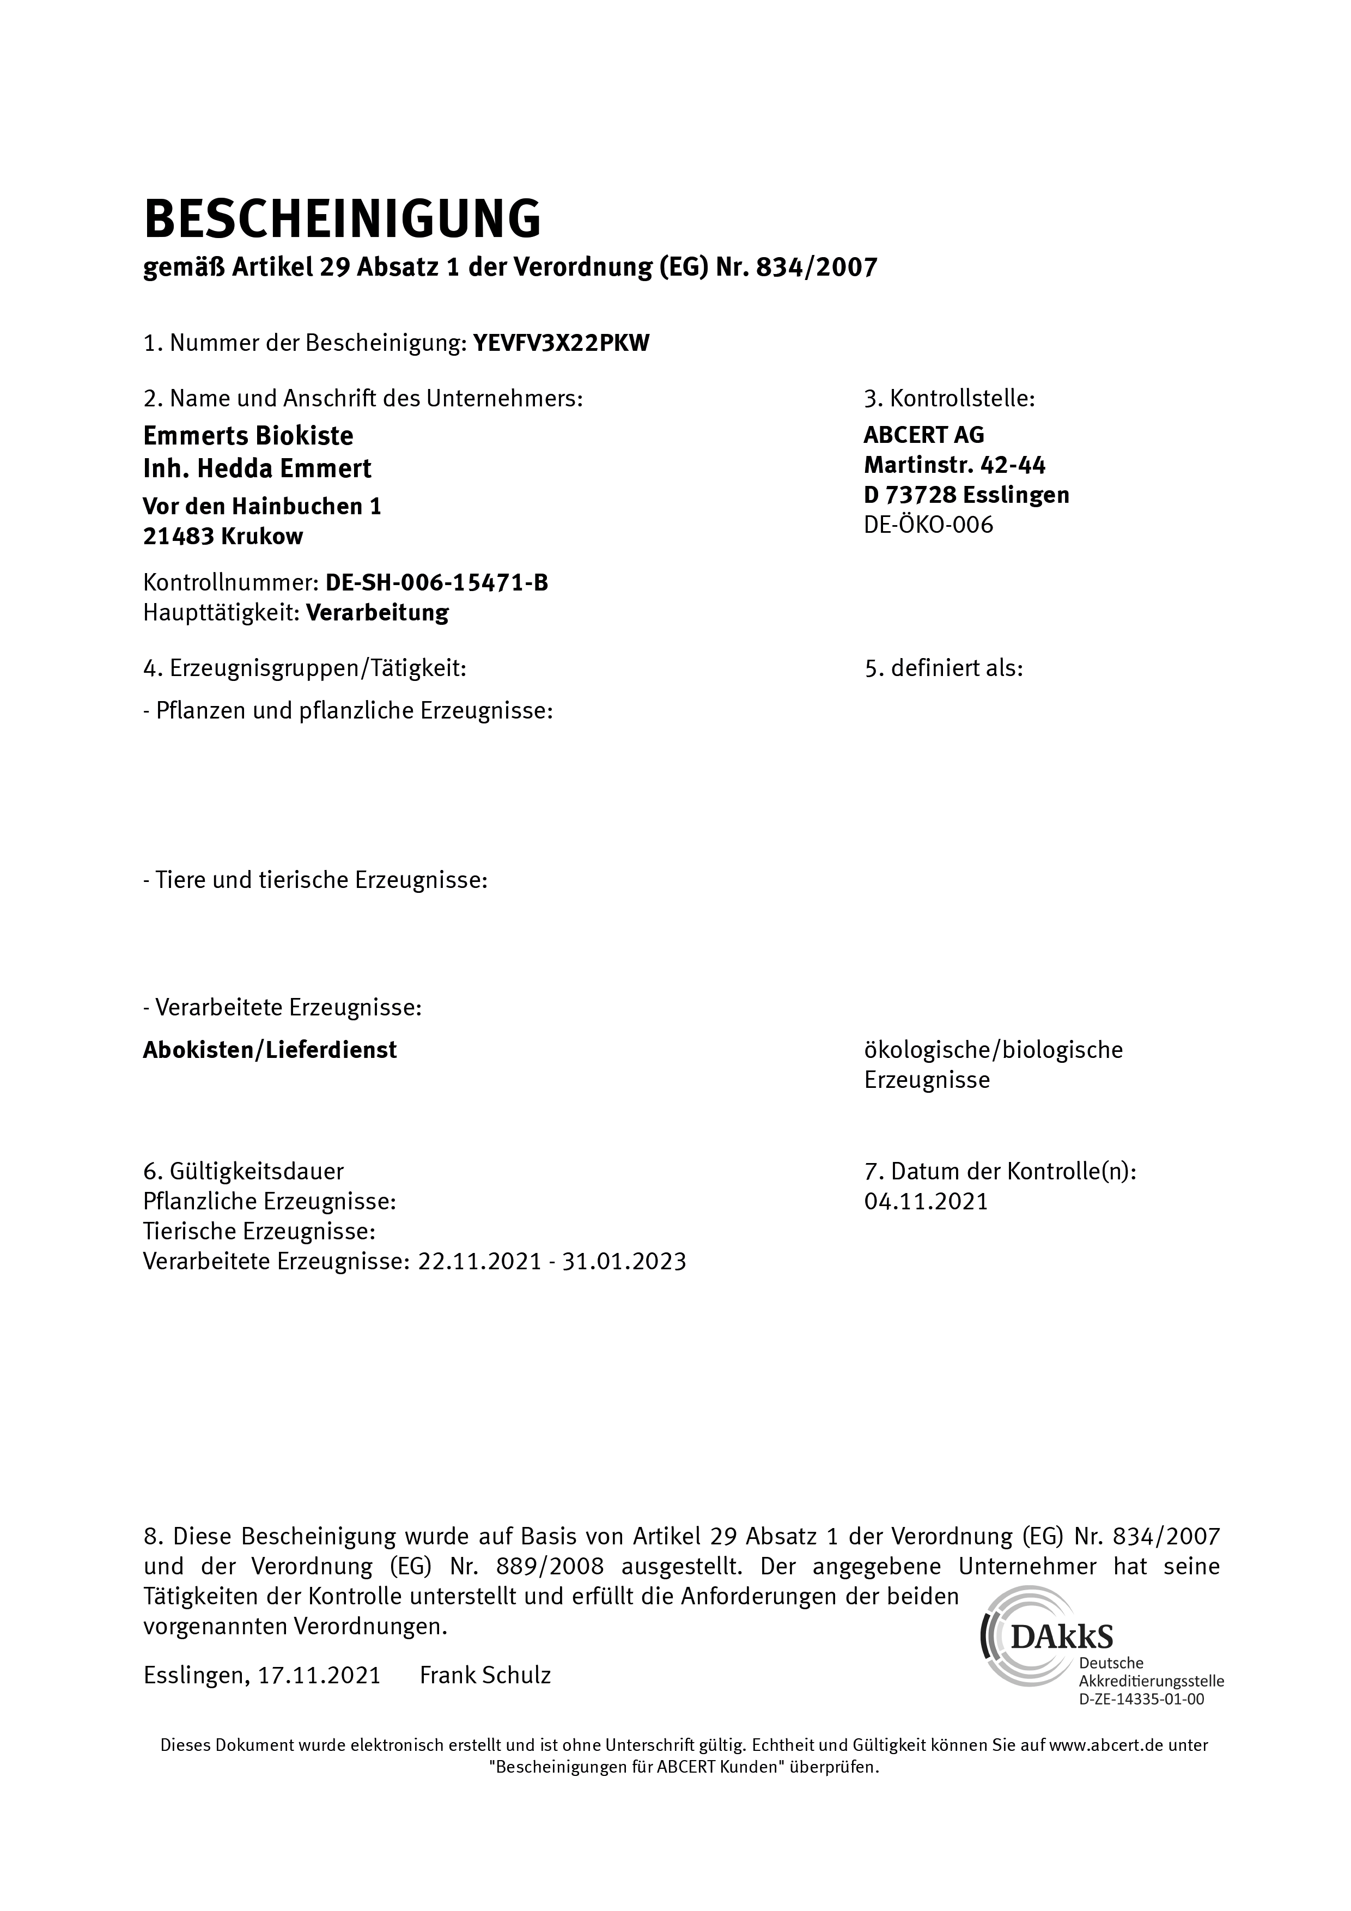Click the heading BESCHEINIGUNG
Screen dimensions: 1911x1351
point(342,220)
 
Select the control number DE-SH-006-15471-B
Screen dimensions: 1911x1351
point(437,583)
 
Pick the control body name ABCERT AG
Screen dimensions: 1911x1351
point(924,435)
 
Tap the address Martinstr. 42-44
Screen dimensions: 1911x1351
point(955,465)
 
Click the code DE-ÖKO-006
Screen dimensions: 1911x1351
point(928,525)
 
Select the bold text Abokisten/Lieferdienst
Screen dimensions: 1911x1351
point(270,1050)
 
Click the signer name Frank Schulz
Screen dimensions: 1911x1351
point(485,1676)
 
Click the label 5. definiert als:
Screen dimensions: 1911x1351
point(944,668)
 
